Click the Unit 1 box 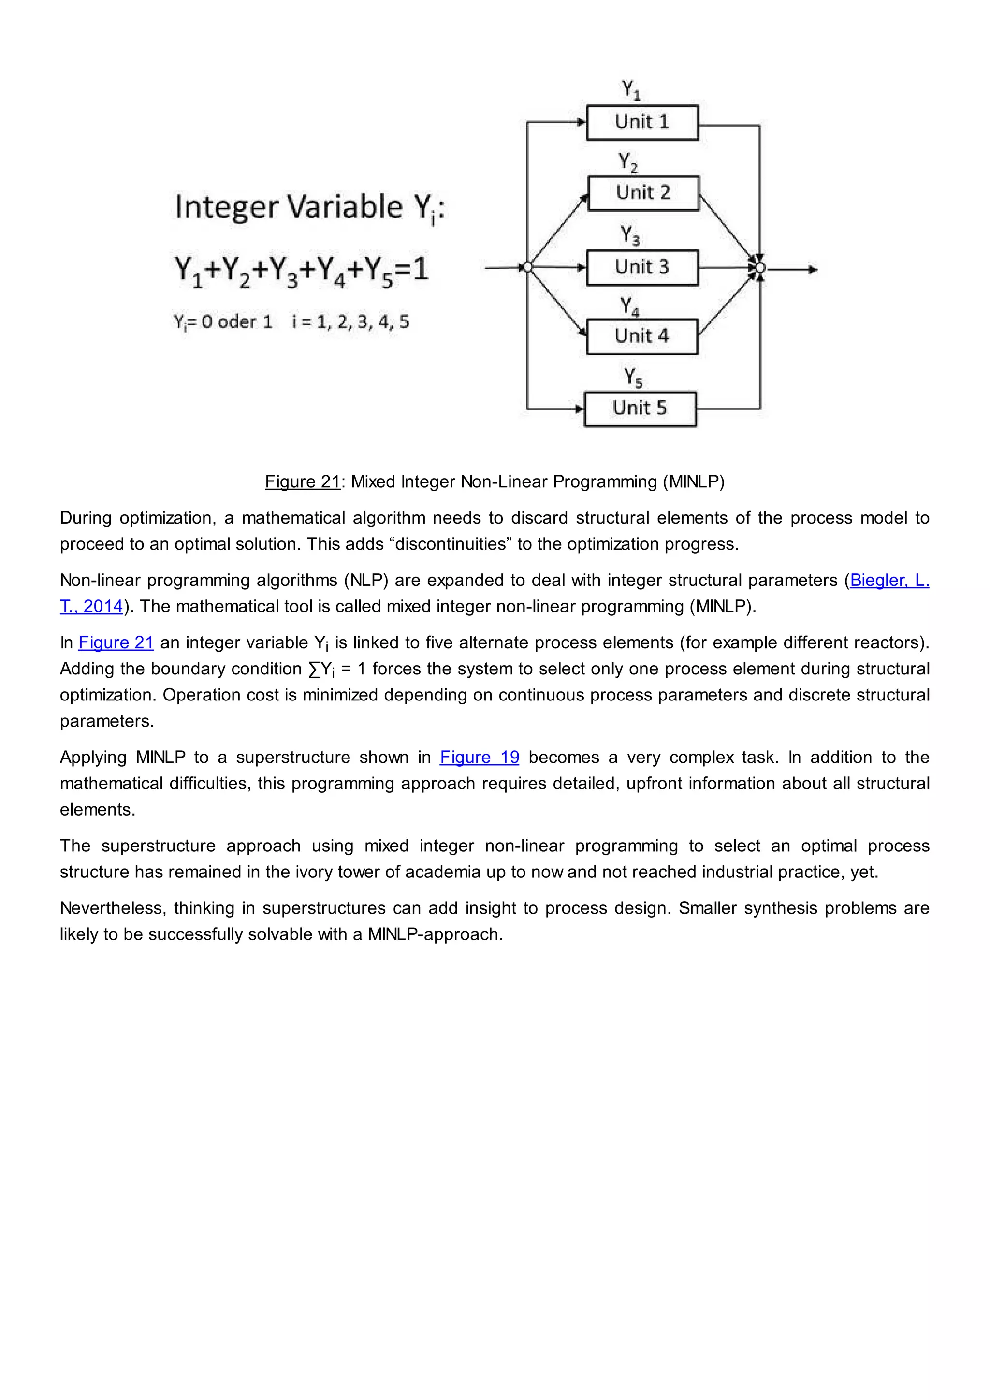(x=642, y=123)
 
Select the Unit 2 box (x=643, y=193)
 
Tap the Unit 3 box (x=642, y=267)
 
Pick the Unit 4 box (x=641, y=336)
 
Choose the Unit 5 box (x=640, y=408)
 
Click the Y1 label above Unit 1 (x=630, y=89)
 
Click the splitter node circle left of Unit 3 (x=528, y=267)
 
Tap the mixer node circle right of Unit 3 (x=759, y=268)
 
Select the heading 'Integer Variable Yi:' (x=310, y=207)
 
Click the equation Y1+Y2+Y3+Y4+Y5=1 (x=301, y=270)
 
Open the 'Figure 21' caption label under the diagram (x=302, y=481)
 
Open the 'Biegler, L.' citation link (x=889, y=580)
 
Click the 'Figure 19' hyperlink (x=479, y=758)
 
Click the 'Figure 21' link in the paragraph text (x=116, y=642)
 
